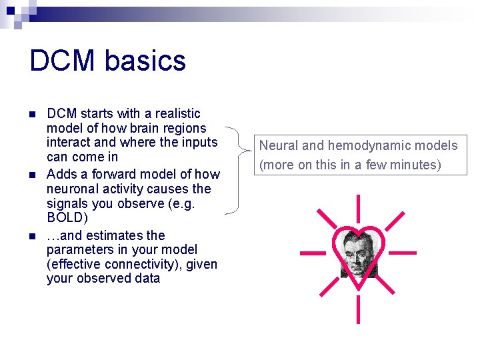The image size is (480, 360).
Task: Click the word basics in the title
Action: point(147,61)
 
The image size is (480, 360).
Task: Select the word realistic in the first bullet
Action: point(175,113)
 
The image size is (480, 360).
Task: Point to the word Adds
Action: point(61,174)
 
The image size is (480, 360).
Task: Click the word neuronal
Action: point(71,189)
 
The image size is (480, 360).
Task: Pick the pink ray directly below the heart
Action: point(359,309)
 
